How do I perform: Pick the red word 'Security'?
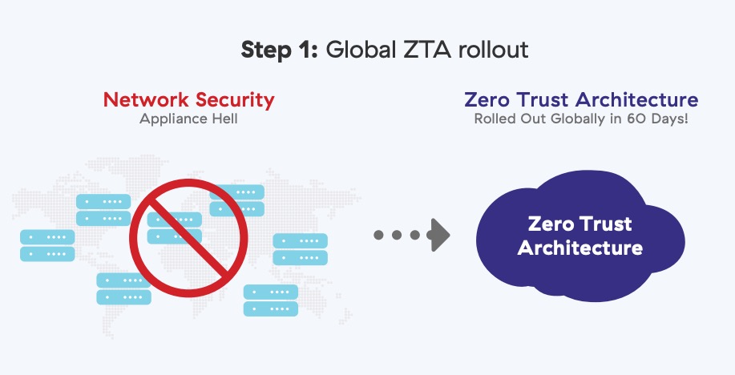[232, 100]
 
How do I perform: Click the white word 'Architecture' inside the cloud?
[580, 247]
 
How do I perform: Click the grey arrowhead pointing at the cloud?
[439, 235]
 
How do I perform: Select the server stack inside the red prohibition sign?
[175, 228]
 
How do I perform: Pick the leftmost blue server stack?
[47, 245]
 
